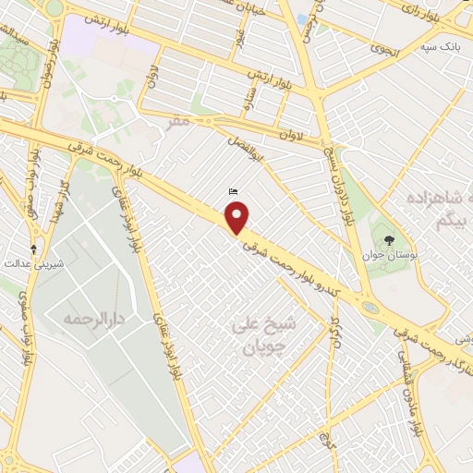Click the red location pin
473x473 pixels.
238,218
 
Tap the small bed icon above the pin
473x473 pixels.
233,191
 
